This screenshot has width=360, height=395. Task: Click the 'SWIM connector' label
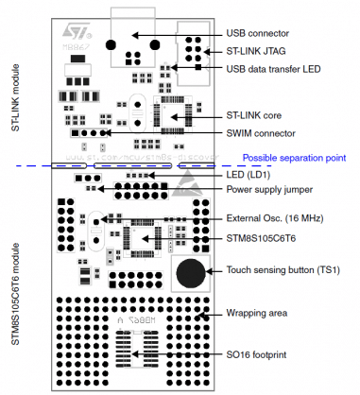point(266,133)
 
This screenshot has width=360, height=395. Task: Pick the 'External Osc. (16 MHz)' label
point(283,219)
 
